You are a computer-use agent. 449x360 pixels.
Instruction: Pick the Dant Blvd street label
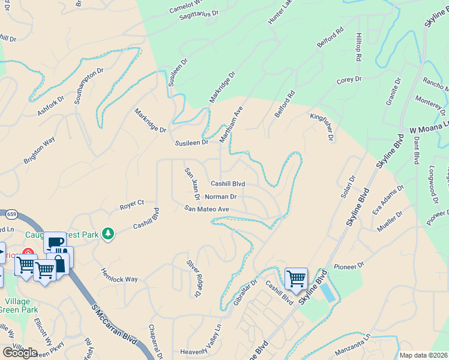415,150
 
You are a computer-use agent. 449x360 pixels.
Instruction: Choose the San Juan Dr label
192,184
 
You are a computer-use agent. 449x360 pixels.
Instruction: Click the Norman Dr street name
221,196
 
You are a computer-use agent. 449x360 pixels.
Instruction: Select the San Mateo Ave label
206,208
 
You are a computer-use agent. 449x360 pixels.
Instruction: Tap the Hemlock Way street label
119,276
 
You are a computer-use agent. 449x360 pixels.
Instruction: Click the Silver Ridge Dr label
193,278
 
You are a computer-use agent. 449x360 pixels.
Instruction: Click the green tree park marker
108,233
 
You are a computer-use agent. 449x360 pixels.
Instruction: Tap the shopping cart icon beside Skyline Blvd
296,278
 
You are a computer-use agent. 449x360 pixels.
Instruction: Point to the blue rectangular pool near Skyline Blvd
328,293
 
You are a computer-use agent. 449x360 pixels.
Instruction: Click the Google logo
20,352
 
